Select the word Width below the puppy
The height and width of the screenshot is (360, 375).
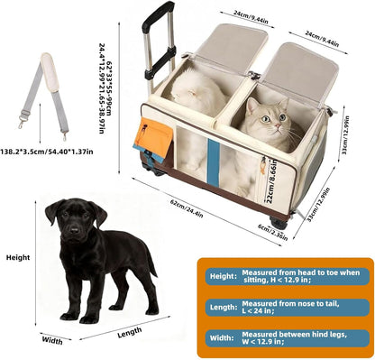tap(51, 342)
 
